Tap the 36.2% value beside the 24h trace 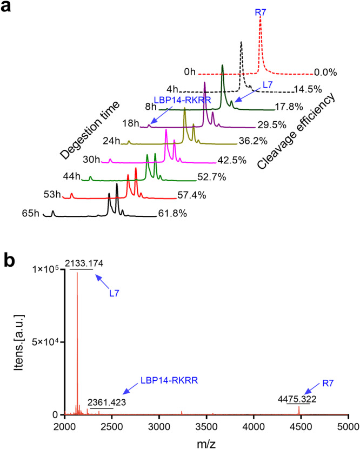(x=251, y=143)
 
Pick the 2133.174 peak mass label (x=84, y=263)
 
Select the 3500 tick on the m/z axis (x=206, y=426)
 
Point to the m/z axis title (x=206, y=441)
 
